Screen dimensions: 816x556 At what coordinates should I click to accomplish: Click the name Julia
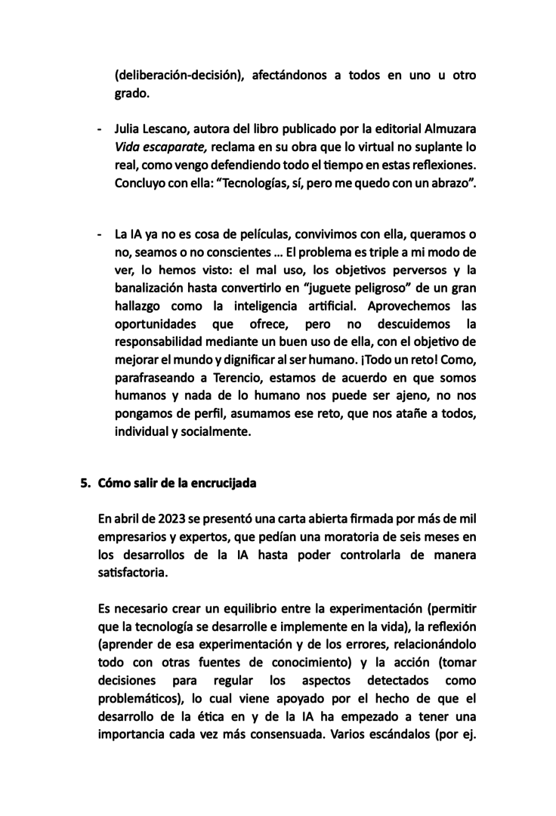pyautogui.click(x=128, y=129)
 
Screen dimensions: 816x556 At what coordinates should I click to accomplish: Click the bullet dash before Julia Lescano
pyautogui.click(x=100, y=129)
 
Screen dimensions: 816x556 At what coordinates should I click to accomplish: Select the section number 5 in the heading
pyautogui.click(x=84, y=483)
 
